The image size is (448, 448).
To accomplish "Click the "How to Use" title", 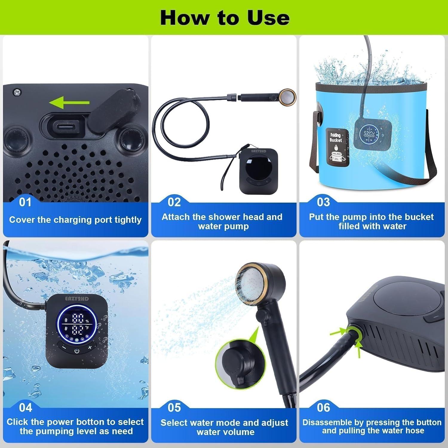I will (225, 18).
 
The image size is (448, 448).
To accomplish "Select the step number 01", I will (25, 202).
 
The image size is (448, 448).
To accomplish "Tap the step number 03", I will (323, 202).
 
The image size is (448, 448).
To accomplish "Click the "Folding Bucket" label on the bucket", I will (336, 138).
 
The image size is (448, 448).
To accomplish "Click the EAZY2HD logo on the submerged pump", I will (77, 298).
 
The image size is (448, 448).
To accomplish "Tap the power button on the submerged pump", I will (77, 351).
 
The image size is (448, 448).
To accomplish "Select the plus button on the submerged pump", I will (90, 347).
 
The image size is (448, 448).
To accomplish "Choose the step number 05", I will (174, 408).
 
